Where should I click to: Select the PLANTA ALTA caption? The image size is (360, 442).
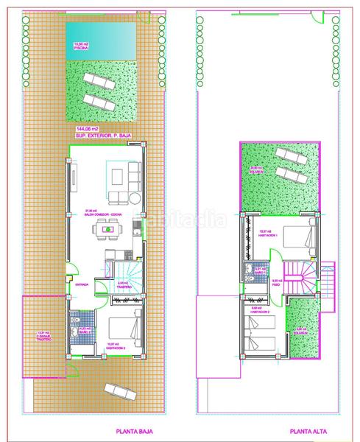point(304,432)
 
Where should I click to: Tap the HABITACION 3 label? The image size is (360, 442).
point(117,345)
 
